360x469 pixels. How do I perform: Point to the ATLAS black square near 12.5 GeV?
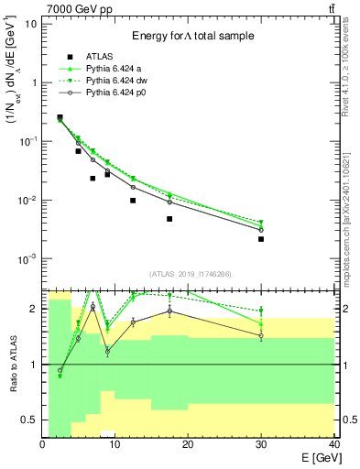[x=133, y=201]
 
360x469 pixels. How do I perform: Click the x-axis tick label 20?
[x=188, y=444]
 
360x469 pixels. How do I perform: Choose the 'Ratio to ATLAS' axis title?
[x=13, y=364]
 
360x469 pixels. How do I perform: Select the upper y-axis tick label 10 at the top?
[x=31, y=23]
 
